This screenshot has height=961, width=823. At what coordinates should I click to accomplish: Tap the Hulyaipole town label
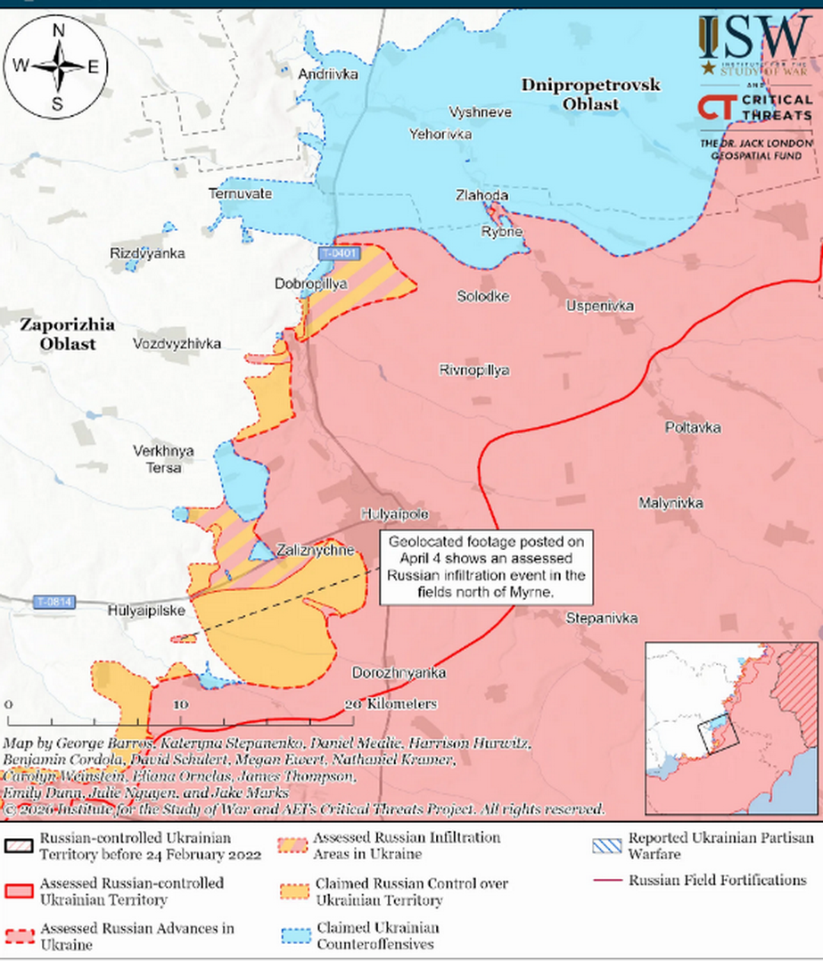tap(394, 514)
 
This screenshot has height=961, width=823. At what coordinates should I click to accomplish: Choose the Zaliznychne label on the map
tap(316, 549)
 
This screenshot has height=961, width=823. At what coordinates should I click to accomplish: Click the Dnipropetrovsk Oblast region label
tap(590, 94)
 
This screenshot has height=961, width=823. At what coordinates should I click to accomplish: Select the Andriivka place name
tap(328, 74)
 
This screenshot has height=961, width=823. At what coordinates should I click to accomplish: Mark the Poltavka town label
tap(693, 428)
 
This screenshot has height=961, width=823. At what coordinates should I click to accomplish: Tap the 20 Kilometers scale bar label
tap(392, 704)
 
